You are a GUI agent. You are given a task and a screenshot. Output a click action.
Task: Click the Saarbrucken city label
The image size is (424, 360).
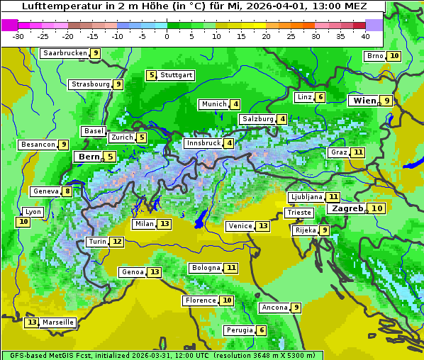(x=65, y=53)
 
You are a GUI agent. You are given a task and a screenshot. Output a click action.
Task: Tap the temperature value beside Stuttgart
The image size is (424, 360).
(x=151, y=75)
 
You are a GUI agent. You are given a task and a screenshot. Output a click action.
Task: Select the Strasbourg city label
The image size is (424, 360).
(x=91, y=84)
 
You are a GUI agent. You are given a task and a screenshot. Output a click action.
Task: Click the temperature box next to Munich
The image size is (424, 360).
(x=235, y=104)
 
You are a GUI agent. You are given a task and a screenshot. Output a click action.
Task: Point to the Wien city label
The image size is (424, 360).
(x=363, y=101)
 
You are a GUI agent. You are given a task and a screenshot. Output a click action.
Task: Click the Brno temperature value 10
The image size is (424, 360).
(x=394, y=56)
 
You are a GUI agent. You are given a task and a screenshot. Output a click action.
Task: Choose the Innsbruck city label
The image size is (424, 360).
(x=202, y=143)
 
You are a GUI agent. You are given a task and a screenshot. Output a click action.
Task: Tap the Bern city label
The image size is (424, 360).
(x=89, y=157)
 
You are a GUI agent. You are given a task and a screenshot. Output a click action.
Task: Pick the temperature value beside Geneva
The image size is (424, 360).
(x=67, y=191)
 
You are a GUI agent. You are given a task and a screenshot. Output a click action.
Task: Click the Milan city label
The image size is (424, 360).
(x=144, y=224)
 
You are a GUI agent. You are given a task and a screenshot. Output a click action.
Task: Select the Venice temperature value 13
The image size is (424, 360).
(x=263, y=226)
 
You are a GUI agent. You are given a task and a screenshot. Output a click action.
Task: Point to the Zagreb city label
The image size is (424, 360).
(x=347, y=208)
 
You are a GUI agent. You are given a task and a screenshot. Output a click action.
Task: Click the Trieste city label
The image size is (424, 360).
(x=298, y=213)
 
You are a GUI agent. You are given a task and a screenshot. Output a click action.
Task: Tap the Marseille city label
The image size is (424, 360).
(x=58, y=322)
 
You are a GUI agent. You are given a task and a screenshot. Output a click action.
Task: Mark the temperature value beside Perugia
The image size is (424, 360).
(x=262, y=330)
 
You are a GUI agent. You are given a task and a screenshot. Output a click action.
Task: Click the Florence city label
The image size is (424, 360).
(x=200, y=300)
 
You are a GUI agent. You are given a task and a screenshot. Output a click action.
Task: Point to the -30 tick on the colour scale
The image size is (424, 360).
(x=18, y=36)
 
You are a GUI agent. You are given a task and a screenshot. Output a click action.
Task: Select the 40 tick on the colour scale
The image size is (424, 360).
(x=365, y=36)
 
